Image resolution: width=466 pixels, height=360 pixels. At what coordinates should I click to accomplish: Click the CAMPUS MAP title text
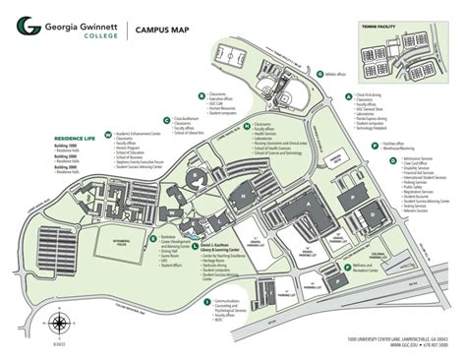click(162, 30)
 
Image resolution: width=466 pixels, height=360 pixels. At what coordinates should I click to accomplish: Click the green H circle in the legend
click(249, 125)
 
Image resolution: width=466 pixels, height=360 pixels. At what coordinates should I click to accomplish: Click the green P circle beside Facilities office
click(369, 143)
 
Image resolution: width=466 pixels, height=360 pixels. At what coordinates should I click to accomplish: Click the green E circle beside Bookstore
click(151, 235)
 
